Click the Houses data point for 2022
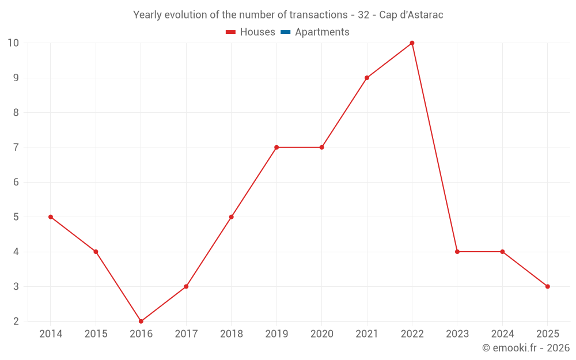pyautogui.click(x=412, y=43)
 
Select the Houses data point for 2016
pyautogui.click(x=141, y=321)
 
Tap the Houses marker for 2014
pyautogui.click(x=51, y=217)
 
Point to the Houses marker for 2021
pyautogui.click(x=367, y=78)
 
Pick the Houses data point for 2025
pyautogui.click(x=547, y=286)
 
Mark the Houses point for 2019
pyautogui.click(x=276, y=147)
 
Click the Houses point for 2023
pyautogui.click(x=457, y=252)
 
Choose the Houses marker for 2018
pyautogui.click(x=232, y=217)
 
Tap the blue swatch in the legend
pyautogui.click(x=285, y=32)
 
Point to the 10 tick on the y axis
pyautogui.click(x=13, y=43)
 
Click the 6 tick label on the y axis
pyautogui.click(x=16, y=182)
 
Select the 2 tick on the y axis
pyautogui.click(x=16, y=321)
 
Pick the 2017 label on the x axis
pyautogui.click(x=186, y=334)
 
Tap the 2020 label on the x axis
pyautogui.click(x=321, y=334)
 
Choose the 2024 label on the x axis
pyautogui.click(x=502, y=334)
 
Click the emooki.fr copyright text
pyautogui.click(x=525, y=348)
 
